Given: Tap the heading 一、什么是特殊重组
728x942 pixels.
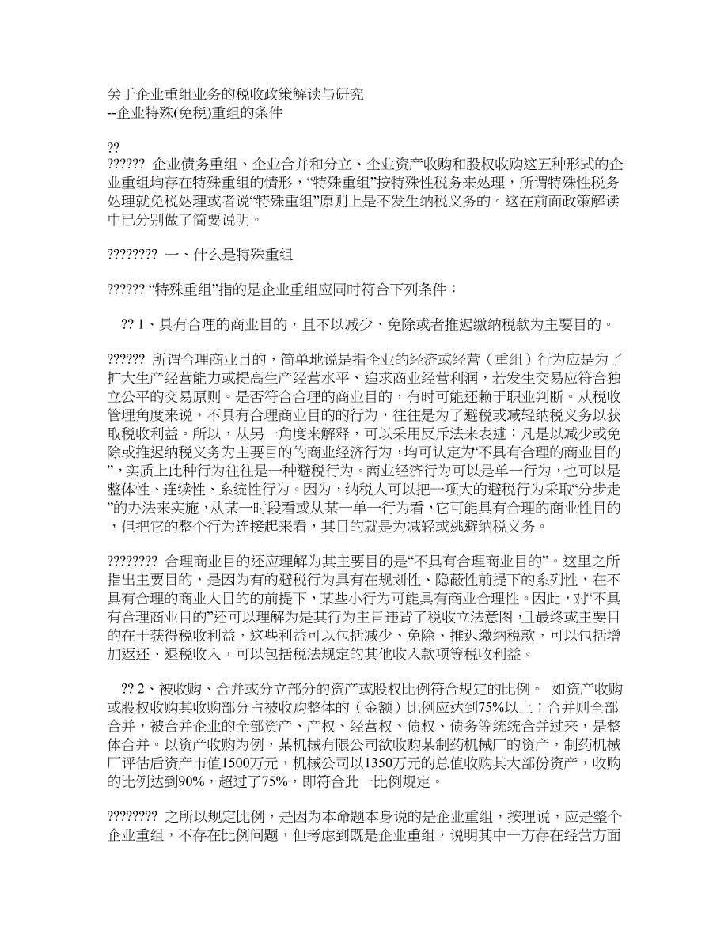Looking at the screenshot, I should point(229,255).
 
